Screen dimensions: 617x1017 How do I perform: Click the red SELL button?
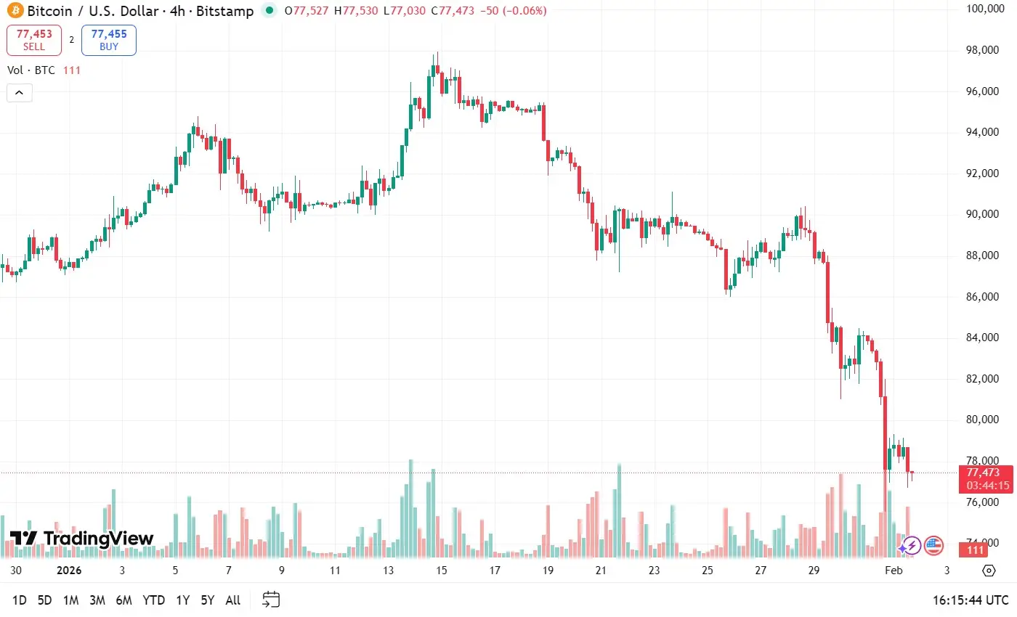34,40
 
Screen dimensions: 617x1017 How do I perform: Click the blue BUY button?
109,40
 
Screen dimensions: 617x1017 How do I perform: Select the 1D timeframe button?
20,600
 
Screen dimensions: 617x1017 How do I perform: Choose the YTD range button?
153,600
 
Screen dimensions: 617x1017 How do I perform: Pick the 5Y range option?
208,600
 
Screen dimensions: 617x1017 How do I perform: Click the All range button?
233,600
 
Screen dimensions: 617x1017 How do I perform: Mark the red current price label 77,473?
984,473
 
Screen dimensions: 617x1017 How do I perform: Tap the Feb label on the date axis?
893,571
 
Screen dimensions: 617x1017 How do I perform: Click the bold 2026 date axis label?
69,571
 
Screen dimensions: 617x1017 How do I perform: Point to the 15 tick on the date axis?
441,571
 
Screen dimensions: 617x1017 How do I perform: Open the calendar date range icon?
271,600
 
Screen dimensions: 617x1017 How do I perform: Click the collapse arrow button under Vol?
19,93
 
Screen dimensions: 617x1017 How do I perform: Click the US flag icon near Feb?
933,544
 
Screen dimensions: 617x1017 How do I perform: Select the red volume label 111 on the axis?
974,551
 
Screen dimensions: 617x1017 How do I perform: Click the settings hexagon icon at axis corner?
989,571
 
